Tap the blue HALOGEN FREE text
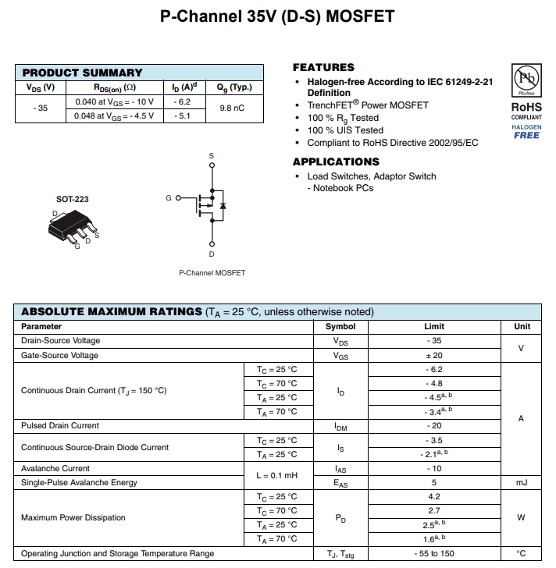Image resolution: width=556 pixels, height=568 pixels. click(526, 131)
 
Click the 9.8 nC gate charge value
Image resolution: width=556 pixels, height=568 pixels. click(232, 108)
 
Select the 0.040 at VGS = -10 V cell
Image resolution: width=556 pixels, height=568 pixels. click(115, 101)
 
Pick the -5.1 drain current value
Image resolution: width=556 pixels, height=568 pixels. click(182, 115)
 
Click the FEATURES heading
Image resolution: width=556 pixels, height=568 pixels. click(323, 67)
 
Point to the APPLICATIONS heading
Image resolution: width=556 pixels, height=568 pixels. click(336, 162)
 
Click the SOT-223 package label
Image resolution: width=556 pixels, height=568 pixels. click(73, 199)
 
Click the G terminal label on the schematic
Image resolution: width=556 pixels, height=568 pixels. click(168, 198)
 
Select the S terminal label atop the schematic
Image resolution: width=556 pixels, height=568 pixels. click(211, 157)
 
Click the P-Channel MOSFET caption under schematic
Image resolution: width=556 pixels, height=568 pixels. click(212, 273)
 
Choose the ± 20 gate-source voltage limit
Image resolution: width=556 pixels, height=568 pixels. click(434, 355)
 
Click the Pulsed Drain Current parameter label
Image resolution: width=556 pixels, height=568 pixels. click(60, 426)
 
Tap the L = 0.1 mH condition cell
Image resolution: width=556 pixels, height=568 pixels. click(277, 475)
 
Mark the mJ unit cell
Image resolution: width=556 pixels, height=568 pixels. click(522, 483)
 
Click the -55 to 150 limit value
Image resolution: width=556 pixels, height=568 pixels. click(434, 554)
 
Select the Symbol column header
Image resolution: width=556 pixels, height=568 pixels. click(340, 327)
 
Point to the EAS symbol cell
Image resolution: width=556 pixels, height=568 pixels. click(340, 483)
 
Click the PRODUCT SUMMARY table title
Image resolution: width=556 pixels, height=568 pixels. click(83, 73)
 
